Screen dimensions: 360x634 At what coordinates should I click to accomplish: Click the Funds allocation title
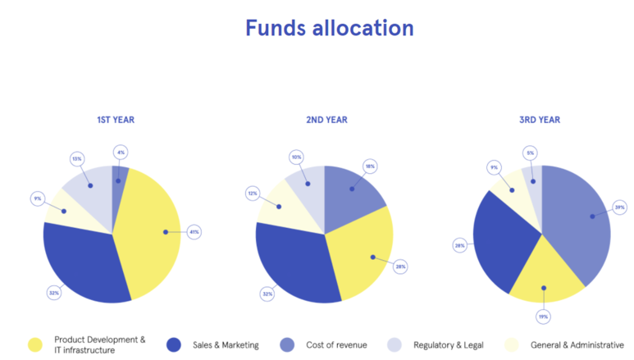329,28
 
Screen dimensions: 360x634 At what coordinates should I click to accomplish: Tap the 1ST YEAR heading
116,120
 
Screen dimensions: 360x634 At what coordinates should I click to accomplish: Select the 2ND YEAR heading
326,120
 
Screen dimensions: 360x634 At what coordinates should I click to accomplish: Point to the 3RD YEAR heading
540,120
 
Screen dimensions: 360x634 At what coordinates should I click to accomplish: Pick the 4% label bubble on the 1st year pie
121,152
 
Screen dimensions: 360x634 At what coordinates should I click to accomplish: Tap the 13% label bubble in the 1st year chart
77,158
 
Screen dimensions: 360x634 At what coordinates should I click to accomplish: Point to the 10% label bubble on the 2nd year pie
297,157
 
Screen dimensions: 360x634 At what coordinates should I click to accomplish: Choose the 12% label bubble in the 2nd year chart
253,194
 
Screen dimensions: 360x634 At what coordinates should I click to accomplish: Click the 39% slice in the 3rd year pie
578,221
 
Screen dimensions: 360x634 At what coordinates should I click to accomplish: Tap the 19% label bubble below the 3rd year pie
543,316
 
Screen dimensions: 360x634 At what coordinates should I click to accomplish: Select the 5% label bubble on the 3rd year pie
531,153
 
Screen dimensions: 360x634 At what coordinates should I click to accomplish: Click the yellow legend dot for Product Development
34,345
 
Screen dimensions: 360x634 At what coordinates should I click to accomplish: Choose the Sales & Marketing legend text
226,345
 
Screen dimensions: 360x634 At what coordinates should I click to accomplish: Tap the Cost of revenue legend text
336,345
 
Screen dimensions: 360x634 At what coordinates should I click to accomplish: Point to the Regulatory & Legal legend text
448,345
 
